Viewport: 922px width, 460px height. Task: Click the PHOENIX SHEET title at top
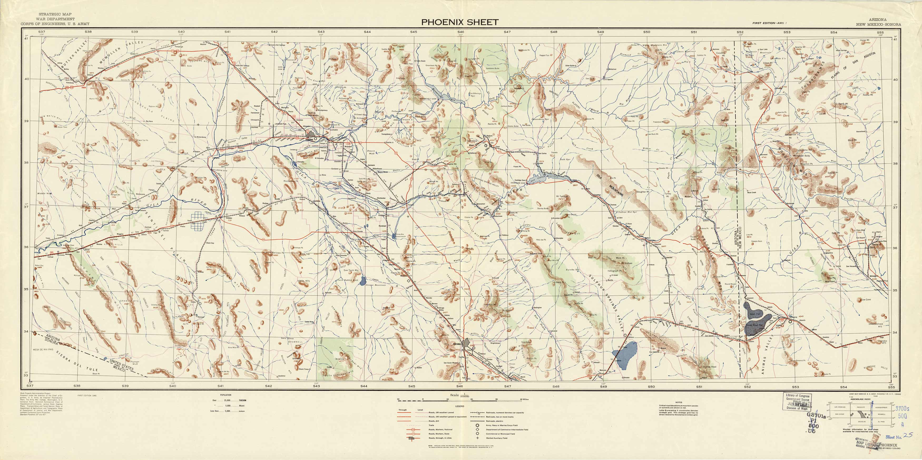[x=460, y=22]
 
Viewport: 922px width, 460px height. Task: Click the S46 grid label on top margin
[x=461, y=32]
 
